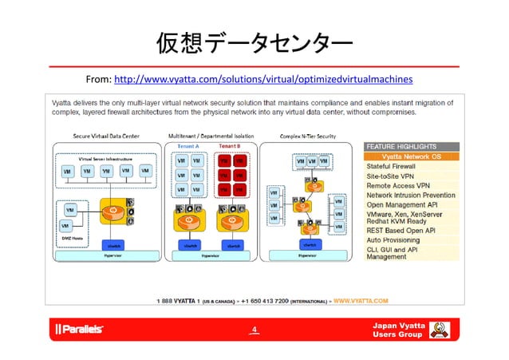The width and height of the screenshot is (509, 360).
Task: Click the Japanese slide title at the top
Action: (x=254, y=41)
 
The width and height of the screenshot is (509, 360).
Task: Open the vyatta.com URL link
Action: (x=263, y=80)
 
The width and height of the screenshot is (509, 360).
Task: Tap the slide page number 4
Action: (x=254, y=330)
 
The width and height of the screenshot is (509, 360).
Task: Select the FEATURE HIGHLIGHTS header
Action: (x=399, y=147)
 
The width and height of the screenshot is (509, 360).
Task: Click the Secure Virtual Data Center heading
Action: (x=106, y=136)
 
